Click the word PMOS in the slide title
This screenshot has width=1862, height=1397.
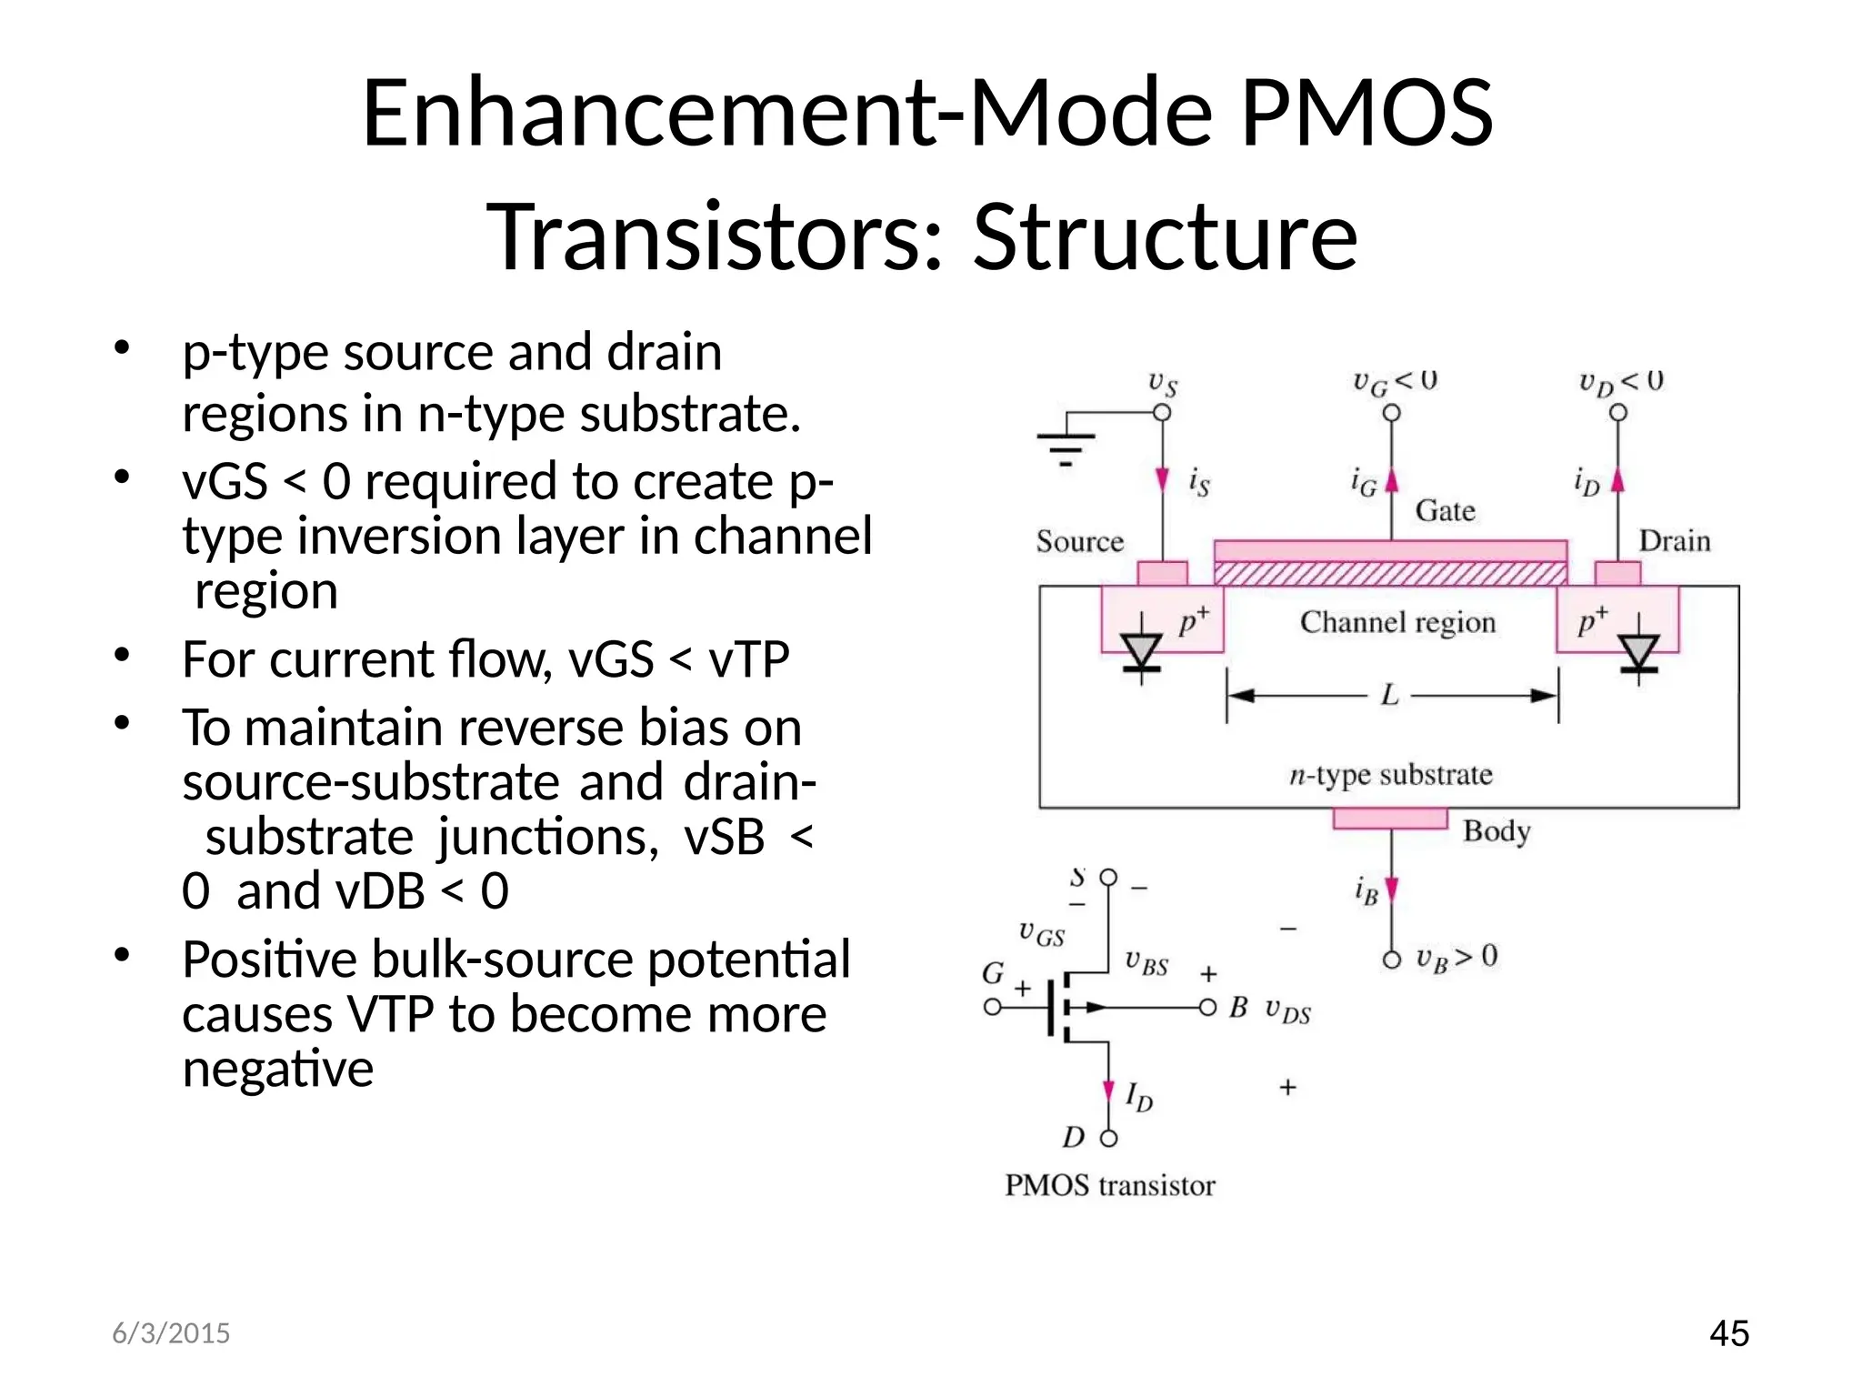(1366, 113)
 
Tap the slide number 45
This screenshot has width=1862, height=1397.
(1728, 1333)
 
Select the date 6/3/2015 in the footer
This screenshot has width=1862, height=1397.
(171, 1333)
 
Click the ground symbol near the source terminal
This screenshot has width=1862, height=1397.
(1066, 446)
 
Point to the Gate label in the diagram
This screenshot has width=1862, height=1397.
(1445, 511)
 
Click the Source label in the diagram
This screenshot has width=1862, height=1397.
(1079, 542)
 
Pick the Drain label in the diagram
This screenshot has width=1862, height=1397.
(1674, 542)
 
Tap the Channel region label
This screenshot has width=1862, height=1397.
(1397, 622)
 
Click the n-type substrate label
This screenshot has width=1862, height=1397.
(1391, 775)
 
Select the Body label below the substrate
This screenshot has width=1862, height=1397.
(1497, 831)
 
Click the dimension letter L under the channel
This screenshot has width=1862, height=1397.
(1389, 697)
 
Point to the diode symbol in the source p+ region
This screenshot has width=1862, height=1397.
(1141, 651)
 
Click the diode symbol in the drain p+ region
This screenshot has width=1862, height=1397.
(1639, 651)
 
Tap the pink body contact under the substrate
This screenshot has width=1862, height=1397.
(1390, 819)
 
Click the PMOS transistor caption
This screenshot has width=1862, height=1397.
(1109, 1186)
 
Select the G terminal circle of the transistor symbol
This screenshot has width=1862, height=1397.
(993, 1007)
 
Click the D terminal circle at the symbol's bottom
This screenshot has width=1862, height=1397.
(1108, 1138)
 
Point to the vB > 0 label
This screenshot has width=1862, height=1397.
(1457, 957)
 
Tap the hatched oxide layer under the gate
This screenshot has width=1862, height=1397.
(1390, 574)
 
